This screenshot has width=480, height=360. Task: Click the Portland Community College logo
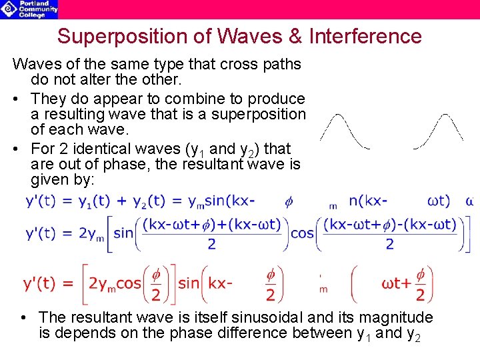[x=29, y=9]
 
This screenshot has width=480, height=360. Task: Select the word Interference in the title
[x=365, y=36]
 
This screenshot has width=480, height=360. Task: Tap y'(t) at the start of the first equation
[x=41, y=201]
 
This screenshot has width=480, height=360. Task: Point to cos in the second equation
[x=303, y=233]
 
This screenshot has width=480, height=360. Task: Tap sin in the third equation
[x=189, y=285]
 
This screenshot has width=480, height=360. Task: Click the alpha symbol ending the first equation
[x=470, y=201]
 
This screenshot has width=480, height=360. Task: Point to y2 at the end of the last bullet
[x=414, y=334]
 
